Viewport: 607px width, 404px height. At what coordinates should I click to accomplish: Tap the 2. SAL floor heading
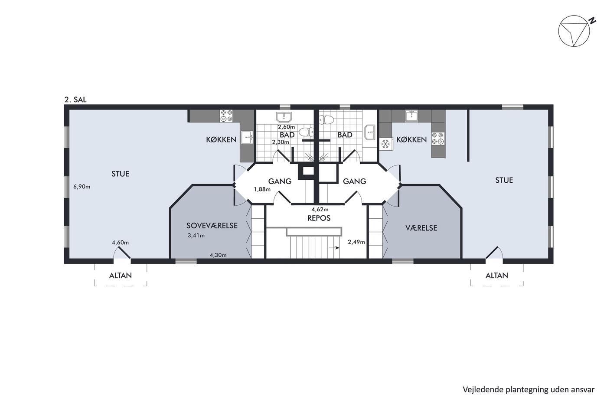click(75, 100)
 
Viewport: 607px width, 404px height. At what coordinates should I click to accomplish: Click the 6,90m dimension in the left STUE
click(82, 187)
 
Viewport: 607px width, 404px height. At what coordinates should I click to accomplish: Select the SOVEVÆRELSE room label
click(212, 226)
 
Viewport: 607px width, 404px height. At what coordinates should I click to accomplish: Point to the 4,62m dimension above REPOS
click(320, 210)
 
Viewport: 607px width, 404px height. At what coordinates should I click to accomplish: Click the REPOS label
click(319, 218)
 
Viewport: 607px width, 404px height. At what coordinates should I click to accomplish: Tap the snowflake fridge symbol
click(385, 144)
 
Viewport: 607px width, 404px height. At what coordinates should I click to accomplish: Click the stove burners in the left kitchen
click(226, 116)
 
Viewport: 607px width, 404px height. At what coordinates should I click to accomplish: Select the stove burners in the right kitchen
click(438, 138)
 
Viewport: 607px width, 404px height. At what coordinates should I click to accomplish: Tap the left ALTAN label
click(121, 275)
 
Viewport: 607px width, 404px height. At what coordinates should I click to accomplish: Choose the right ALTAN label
click(497, 275)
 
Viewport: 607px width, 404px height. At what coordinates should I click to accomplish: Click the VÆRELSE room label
click(421, 228)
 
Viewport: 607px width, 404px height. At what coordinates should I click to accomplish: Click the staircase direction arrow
click(334, 248)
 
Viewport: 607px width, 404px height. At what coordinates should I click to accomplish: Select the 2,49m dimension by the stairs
click(356, 242)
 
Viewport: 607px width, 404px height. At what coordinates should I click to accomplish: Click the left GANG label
click(280, 181)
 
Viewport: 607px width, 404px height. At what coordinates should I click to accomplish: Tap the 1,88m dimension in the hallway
click(262, 189)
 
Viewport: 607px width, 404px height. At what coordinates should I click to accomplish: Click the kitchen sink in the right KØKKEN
click(411, 116)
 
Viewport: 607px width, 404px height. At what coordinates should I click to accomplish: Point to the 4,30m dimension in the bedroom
click(218, 255)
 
